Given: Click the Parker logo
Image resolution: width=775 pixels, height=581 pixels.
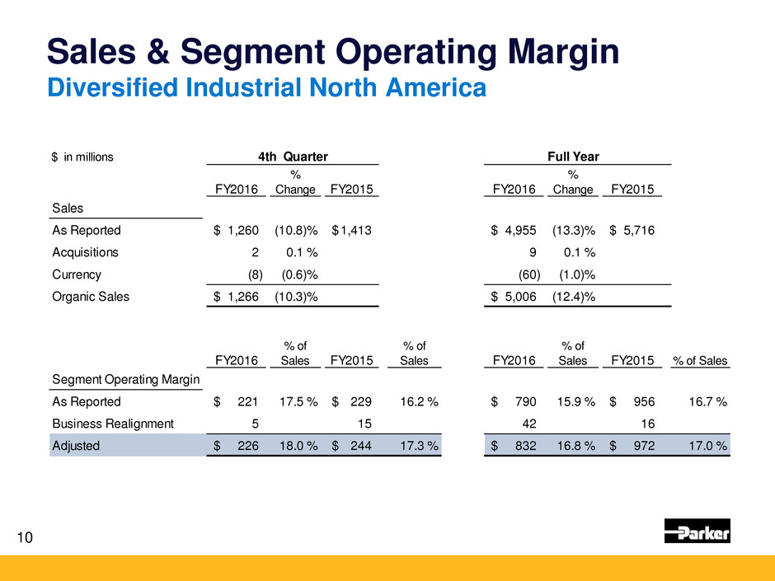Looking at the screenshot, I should [697, 531].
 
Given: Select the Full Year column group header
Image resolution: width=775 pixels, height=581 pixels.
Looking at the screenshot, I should [577, 156].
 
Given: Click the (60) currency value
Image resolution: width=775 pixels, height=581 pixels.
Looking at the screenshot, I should [527, 274].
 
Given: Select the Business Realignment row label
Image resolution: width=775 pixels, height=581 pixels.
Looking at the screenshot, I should [111, 424].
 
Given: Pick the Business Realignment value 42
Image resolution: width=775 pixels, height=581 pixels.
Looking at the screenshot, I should [532, 424].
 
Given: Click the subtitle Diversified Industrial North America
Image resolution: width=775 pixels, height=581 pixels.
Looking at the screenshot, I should [265, 87].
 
